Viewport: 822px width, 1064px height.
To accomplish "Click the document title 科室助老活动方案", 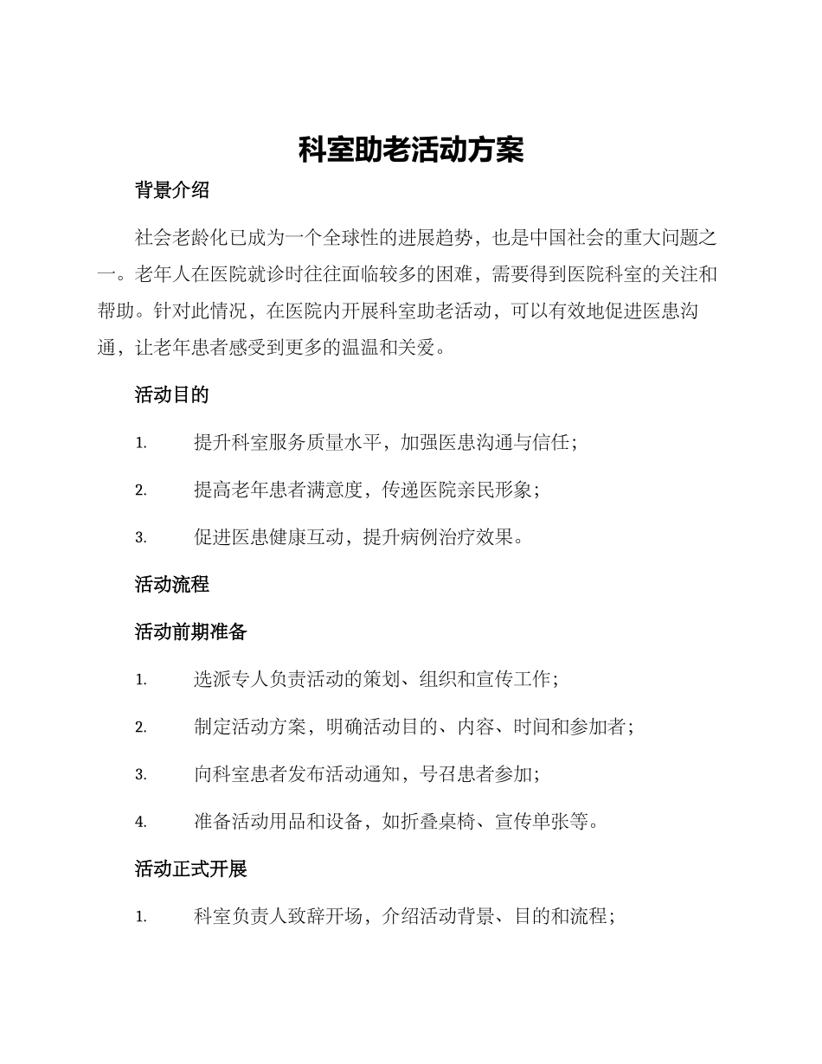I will (x=411, y=150).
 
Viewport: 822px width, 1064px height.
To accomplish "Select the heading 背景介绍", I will (x=172, y=191).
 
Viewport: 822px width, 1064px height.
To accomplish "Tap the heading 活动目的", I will (x=172, y=395).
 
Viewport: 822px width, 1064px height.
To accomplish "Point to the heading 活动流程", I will (x=172, y=585).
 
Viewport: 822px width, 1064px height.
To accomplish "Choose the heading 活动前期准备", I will (x=191, y=632).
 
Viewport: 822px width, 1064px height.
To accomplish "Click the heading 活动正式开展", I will (x=191, y=869).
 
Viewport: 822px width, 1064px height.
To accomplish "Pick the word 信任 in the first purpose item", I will (x=547, y=443).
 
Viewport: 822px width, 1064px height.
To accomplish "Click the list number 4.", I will (x=140, y=823).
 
